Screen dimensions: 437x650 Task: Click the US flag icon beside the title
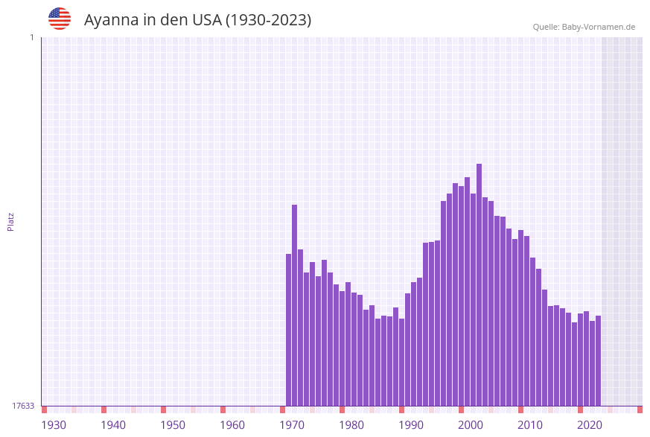pyautogui.click(x=60, y=19)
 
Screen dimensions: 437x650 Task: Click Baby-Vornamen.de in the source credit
pyautogui.click(x=599, y=27)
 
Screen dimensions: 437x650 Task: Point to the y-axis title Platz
pyautogui.click(x=10, y=221)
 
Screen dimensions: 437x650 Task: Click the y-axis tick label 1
pyautogui.click(x=31, y=37)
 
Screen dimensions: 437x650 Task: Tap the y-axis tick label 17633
pyautogui.click(x=23, y=406)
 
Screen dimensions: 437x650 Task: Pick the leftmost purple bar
pyautogui.click(x=289, y=330)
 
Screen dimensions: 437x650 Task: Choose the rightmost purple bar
pyautogui.click(x=598, y=360)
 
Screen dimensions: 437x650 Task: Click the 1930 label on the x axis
pyautogui.click(x=54, y=425)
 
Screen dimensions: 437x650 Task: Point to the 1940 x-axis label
pyautogui.click(x=113, y=425)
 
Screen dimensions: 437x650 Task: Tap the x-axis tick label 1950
pyautogui.click(x=173, y=425)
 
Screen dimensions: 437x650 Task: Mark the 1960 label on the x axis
pyautogui.click(x=232, y=425)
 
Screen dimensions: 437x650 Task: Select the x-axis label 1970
pyautogui.click(x=292, y=425)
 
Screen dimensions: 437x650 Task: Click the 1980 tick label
pyautogui.click(x=351, y=425)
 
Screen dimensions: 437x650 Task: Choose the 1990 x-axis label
pyautogui.click(x=411, y=425)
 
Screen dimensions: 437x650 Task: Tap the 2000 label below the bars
pyautogui.click(x=471, y=425)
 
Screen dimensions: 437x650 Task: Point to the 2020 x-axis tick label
pyautogui.click(x=590, y=425)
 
